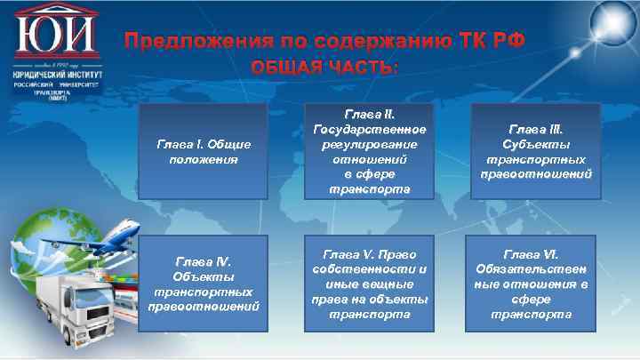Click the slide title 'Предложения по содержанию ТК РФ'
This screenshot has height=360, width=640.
click(324, 41)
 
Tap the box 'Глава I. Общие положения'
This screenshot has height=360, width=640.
click(204, 152)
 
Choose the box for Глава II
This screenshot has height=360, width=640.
click(369, 152)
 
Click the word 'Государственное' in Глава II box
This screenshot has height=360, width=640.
click(369, 131)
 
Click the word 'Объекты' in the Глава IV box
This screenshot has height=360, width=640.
click(204, 276)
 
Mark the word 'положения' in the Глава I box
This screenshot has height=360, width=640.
click(204, 160)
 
